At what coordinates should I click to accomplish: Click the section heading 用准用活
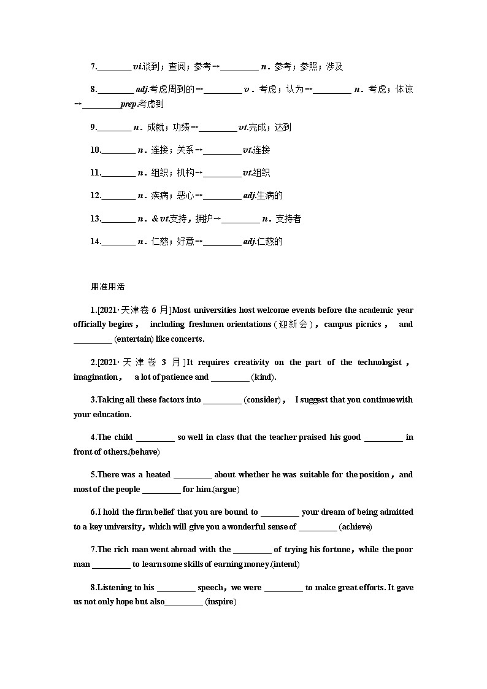point(107,287)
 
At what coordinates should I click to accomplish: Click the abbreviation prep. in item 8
point(129,104)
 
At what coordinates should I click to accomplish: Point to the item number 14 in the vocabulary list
point(95,242)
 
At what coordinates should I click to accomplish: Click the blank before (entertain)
point(93,339)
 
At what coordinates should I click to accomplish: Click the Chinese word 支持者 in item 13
point(288,219)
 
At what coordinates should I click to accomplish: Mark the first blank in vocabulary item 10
point(118,150)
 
